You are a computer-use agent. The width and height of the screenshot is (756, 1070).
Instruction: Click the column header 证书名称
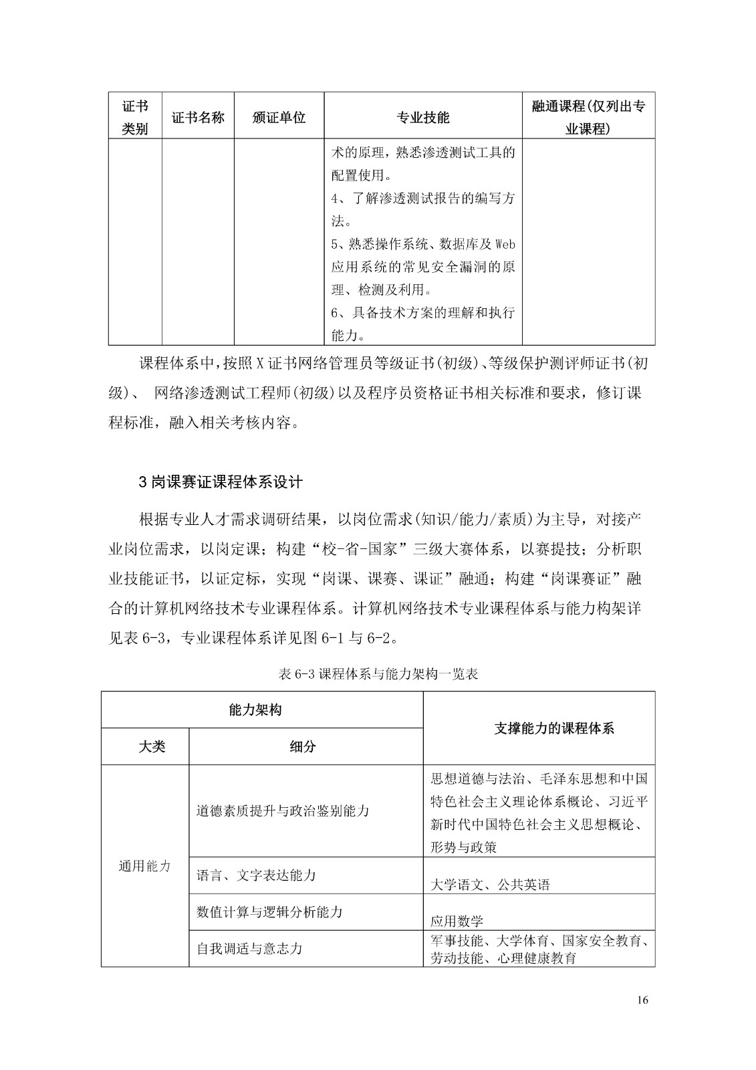click(x=198, y=117)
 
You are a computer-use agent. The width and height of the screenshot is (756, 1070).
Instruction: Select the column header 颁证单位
click(x=279, y=117)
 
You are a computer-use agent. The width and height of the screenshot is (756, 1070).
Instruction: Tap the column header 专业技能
click(x=423, y=118)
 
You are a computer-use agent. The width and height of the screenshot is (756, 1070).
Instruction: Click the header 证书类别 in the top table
click(x=135, y=117)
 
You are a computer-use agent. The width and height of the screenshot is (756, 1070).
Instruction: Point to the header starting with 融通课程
click(x=588, y=117)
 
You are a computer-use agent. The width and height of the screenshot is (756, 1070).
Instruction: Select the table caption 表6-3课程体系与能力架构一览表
click(x=378, y=674)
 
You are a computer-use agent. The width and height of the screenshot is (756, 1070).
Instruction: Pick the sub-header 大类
click(x=152, y=746)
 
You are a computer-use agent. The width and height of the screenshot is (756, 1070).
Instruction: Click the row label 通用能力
click(x=145, y=866)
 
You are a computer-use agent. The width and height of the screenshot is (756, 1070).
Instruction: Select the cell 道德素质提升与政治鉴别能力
click(x=283, y=811)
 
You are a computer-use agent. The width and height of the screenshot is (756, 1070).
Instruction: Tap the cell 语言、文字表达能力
click(x=256, y=875)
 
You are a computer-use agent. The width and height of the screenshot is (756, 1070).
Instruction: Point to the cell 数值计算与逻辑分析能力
click(x=269, y=912)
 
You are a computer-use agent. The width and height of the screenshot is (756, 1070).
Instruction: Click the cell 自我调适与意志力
click(x=249, y=948)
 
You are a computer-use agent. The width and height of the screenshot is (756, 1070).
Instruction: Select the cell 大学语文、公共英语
click(x=490, y=885)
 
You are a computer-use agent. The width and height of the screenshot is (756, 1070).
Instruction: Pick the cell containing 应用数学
click(x=457, y=921)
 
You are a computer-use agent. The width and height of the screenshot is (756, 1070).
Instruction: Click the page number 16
click(x=643, y=1000)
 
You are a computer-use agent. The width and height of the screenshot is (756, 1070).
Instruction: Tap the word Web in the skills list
click(x=505, y=245)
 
